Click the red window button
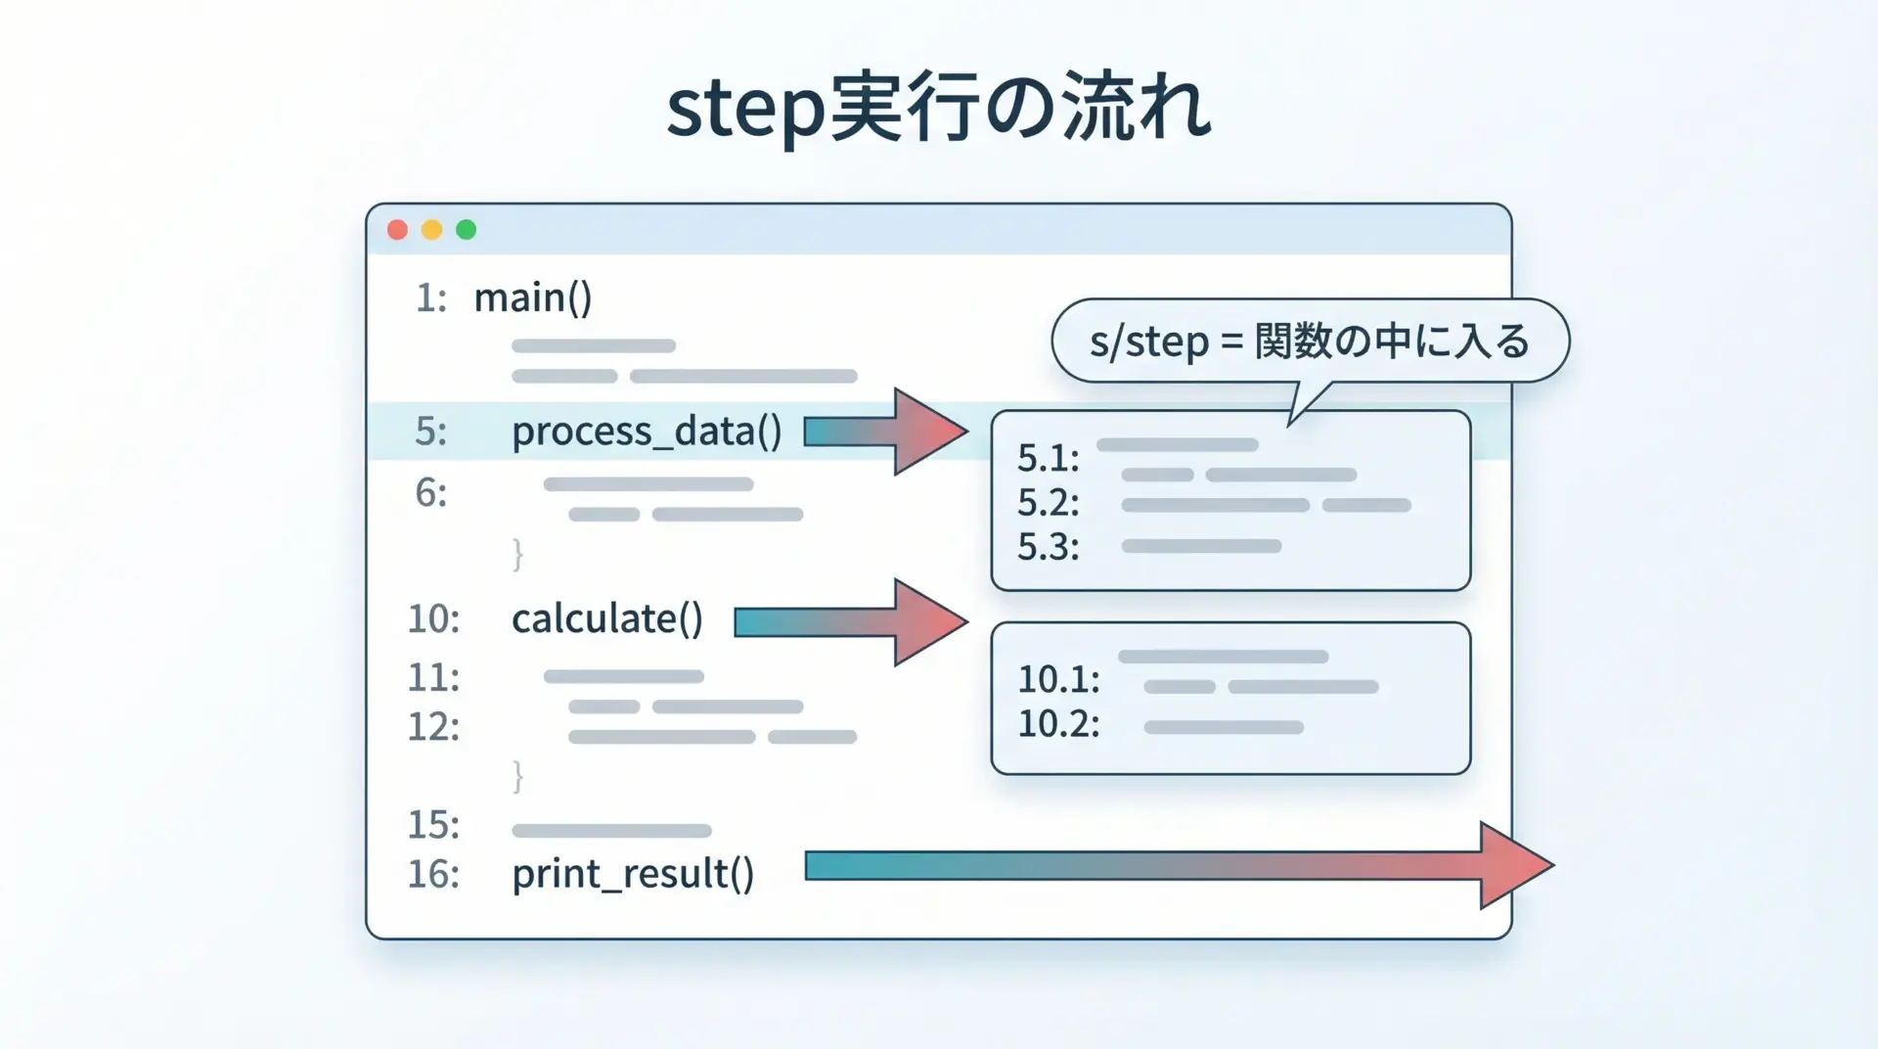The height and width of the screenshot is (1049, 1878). (397, 230)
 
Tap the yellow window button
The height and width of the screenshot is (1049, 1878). (431, 230)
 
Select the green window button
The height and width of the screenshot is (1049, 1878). (467, 230)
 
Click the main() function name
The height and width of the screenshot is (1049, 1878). (533, 297)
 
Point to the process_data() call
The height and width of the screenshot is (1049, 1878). (647, 432)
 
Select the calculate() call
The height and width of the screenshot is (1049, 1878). (607, 618)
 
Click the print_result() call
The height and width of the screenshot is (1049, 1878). (633, 874)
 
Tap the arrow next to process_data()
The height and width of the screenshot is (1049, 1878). (886, 432)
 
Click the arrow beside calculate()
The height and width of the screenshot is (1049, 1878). (852, 622)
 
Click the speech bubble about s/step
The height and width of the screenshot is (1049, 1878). (1310, 342)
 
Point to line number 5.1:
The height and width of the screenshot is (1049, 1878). (1048, 458)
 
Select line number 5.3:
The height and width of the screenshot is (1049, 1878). (1048, 547)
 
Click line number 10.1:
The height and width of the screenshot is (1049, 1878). (1058, 679)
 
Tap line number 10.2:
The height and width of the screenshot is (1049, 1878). (1058, 724)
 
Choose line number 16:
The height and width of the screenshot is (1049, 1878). (433, 874)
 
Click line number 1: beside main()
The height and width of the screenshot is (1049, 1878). (431, 297)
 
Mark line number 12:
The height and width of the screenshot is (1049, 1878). (433, 727)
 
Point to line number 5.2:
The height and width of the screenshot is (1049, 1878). (1048, 503)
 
